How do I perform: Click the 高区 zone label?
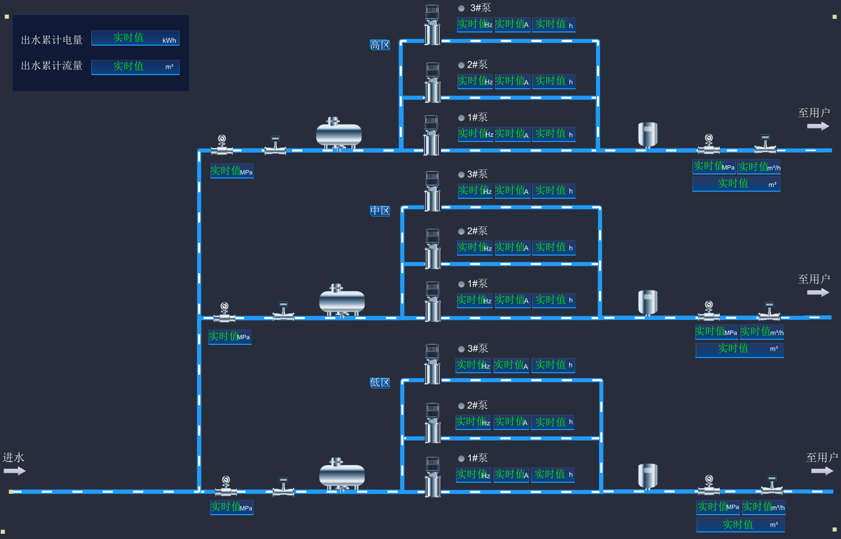380,45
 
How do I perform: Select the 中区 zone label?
380,211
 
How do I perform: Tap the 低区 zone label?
380,383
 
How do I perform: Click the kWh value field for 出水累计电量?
135,38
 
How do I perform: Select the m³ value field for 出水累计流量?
135,67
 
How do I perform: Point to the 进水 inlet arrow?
14,471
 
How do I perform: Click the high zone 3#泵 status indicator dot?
462,9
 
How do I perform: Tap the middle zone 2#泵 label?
477,231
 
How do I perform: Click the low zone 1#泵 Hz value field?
473,475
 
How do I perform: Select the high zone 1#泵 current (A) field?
512,134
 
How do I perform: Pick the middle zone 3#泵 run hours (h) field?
554,191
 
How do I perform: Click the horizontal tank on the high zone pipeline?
338,134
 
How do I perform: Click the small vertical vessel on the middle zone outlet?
648,303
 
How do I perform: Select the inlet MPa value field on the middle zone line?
230,337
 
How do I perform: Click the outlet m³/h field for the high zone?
759,167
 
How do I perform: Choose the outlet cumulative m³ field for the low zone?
741,525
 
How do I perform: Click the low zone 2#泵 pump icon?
433,423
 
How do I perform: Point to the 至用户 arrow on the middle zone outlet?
818,293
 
